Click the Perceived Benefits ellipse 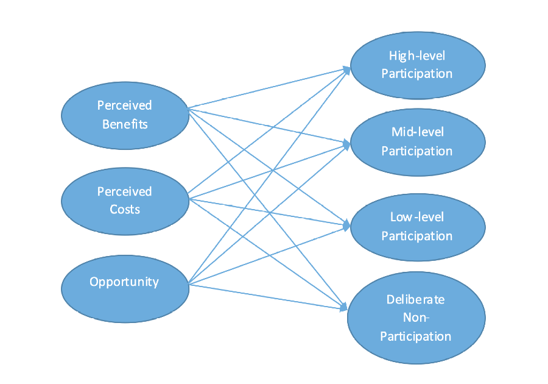tap(125, 115)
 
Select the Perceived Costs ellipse tap(125, 201)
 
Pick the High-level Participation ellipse tap(417, 64)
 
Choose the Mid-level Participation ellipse tap(417, 141)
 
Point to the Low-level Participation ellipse tap(417, 226)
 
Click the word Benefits tap(125, 124)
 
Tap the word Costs tap(125, 210)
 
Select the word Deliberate tap(416, 299)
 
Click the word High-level tap(417, 56)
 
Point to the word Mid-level tap(417, 132)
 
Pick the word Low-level tap(417, 217)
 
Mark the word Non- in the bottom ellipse tap(416, 318)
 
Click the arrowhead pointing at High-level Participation tap(348, 69)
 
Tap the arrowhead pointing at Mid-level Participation tap(348, 144)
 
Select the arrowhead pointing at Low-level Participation tap(348, 225)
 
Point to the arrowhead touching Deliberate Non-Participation tap(345, 306)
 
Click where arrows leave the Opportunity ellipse tap(189, 284)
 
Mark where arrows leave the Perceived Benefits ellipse tap(189, 109)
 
